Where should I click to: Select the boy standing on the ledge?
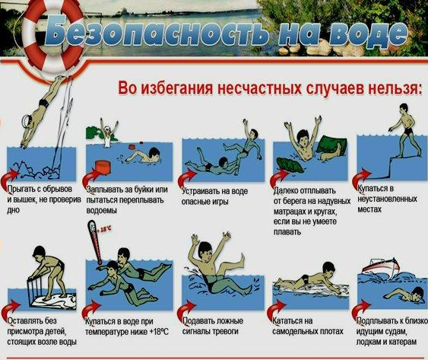click(x=399, y=121)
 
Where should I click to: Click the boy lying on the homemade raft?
click(x=308, y=284)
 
